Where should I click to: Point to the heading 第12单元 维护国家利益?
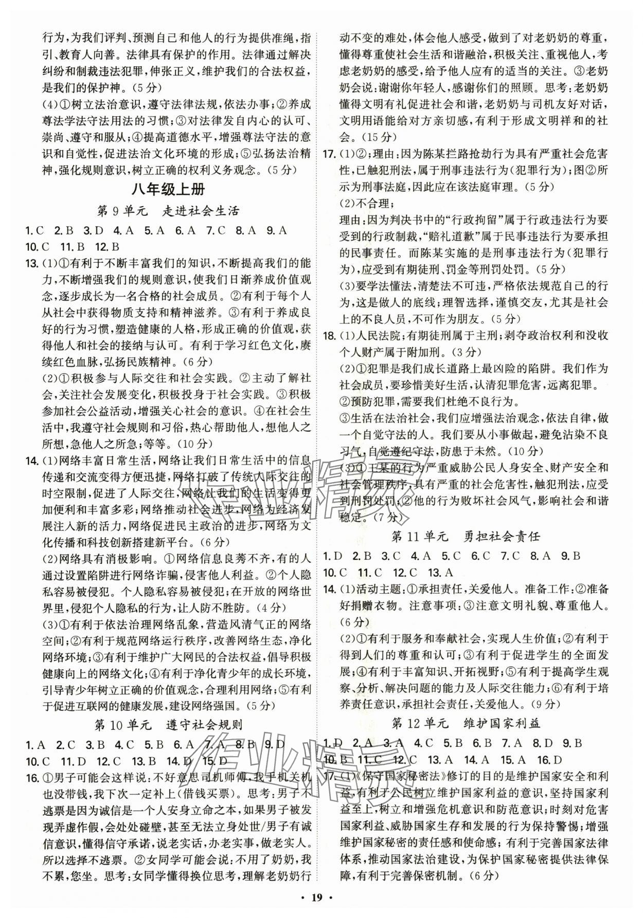(466, 724)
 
